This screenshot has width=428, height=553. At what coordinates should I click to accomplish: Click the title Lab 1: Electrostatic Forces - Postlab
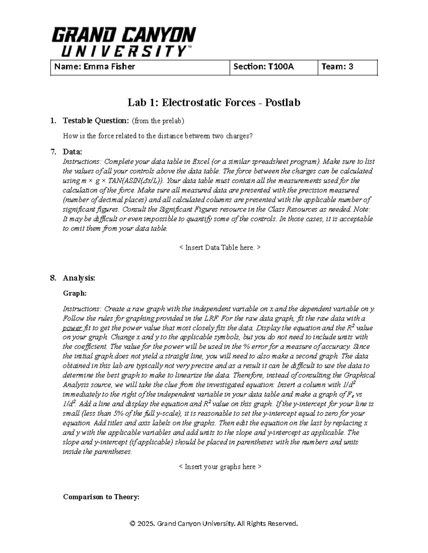coord(214,103)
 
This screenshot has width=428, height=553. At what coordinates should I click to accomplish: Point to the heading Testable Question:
coord(96,121)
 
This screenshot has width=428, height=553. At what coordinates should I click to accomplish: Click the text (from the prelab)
coord(158,121)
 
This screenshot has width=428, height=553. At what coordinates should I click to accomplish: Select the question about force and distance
coord(157,136)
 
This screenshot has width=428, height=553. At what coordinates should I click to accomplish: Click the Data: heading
coord(72,152)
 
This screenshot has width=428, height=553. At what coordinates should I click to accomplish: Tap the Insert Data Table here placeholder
coord(219,247)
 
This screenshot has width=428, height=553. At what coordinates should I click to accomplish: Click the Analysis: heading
coord(79,278)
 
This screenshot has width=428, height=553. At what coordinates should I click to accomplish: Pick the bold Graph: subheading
coord(75,293)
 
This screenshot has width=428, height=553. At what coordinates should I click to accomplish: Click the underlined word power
coord(72,328)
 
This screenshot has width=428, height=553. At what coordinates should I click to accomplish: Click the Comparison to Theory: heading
coord(101,497)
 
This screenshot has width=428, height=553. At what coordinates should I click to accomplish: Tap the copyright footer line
coord(214,523)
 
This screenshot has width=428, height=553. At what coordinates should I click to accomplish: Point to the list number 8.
coord(53,278)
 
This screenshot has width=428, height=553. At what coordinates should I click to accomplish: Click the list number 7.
coord(53,152)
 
